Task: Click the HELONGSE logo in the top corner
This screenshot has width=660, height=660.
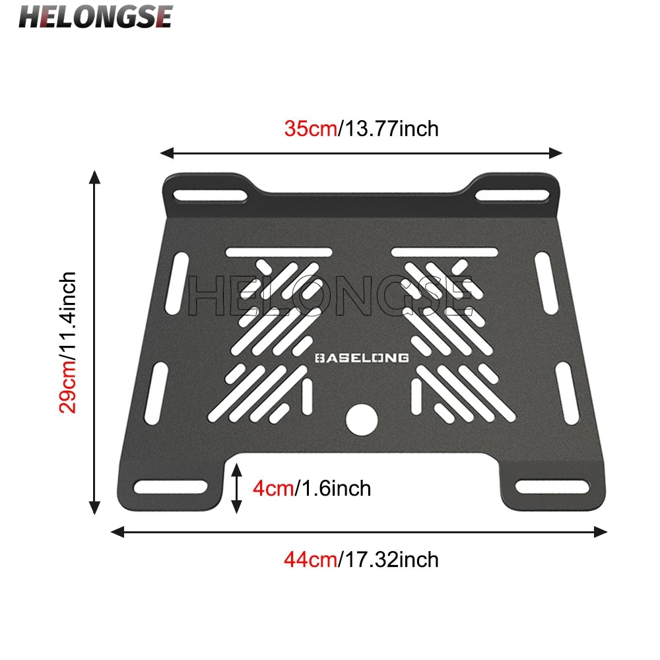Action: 95,16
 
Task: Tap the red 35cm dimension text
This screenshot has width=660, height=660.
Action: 310,127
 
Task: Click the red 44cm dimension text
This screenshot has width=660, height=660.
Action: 310,560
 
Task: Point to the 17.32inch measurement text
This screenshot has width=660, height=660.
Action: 389,560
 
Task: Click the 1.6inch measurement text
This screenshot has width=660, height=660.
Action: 333,488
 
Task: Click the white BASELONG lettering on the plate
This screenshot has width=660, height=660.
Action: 362,358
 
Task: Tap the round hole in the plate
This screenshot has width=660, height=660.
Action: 362,419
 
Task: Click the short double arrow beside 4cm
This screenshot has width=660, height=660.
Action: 236,488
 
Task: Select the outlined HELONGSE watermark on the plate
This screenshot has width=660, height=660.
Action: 330,296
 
